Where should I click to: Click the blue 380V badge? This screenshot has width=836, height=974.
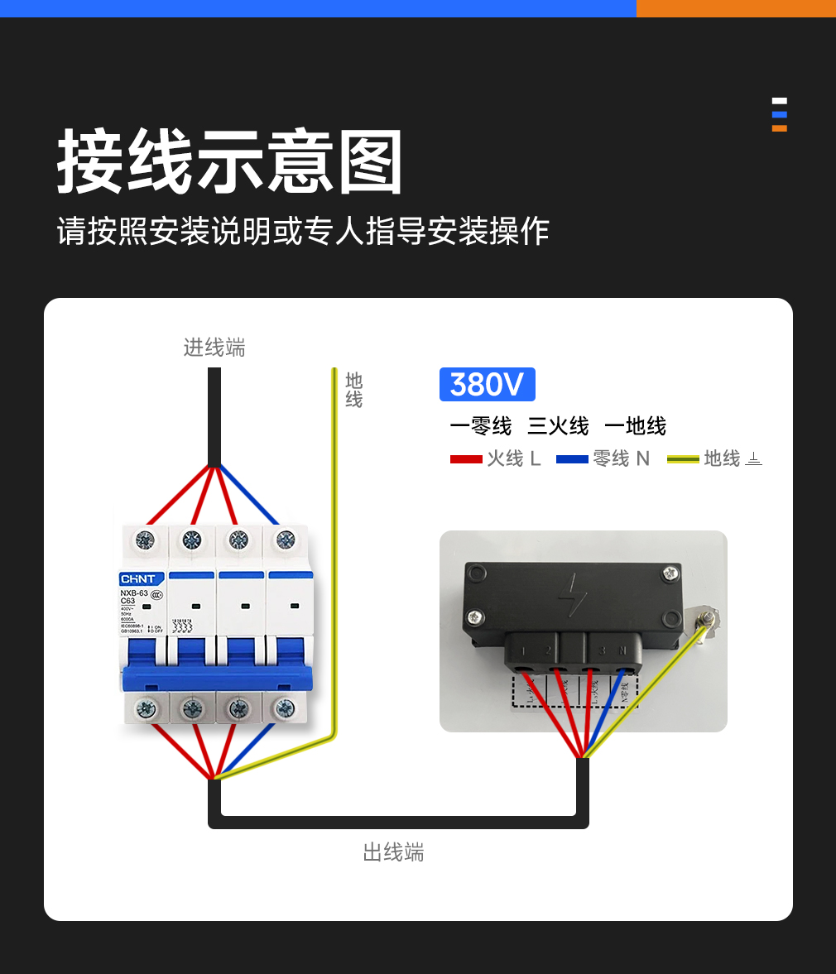coord(487,385)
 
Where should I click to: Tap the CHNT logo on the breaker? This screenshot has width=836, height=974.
coord(137,578)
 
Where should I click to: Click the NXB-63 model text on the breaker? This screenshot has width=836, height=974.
coord(134,593)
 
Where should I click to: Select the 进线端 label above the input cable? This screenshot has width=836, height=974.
coord(214,348)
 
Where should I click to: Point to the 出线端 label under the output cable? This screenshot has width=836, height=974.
coord(393,852)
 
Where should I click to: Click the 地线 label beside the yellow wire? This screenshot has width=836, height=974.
coord(354,390)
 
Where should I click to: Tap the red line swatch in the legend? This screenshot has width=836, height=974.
coord(466,458)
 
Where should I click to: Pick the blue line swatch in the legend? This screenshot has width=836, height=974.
coord(572,458)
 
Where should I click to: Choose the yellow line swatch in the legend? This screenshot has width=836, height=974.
coord(683,458)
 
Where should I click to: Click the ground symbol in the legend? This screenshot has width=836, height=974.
coord(753,458)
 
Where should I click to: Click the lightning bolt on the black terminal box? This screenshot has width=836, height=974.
coord(571,594)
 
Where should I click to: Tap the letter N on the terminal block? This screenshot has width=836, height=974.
coord(622,650)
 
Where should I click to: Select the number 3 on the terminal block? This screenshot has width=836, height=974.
coord(602,650)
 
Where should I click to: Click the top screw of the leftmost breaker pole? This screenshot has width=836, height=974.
coord(145,540)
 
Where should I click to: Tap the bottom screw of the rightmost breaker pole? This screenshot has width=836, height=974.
coord(286,708)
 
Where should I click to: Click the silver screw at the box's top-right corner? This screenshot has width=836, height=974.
coord(668,573)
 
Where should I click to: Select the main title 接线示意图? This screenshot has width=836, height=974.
coord(230,162)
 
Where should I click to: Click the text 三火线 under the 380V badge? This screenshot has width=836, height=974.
coord(558,426)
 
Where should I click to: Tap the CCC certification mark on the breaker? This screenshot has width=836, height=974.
coord(156,594)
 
